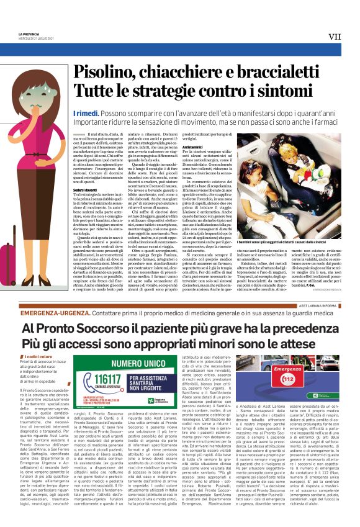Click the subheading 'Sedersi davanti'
[x=84, y=171]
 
